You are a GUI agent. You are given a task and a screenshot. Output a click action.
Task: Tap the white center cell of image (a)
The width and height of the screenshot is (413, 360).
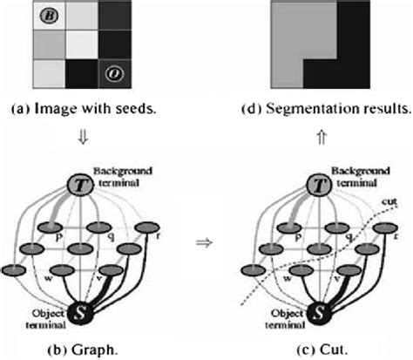[82, 44]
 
